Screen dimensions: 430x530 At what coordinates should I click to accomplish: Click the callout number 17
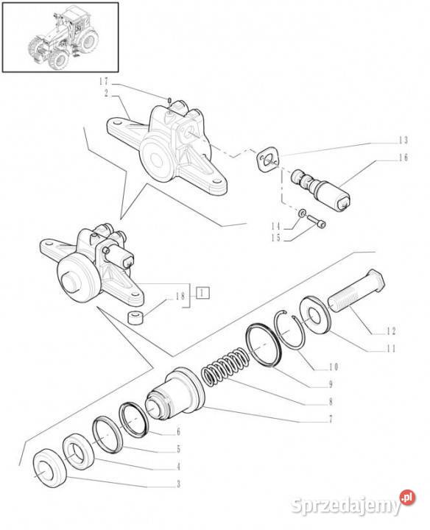tap(103, 82)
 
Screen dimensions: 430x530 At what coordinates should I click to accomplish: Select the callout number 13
tap(403, 140)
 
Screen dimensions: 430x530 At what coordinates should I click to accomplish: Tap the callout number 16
tap(403, 158)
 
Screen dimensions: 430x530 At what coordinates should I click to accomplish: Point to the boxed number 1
tap(202, 293)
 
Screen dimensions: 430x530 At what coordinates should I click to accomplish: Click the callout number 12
tap(391, 331)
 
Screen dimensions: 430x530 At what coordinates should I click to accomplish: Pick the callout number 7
tap(331, 420)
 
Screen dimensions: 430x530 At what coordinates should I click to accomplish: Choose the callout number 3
tap(178, 484)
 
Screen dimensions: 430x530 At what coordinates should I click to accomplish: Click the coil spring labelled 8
tap(225, 367)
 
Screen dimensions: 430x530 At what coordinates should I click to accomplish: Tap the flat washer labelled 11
tap(314, 315)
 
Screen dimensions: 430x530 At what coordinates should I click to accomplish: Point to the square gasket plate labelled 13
tap(269, 160)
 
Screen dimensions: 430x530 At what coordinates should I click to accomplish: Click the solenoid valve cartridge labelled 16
tap(321, 190)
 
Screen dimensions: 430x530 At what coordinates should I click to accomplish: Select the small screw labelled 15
tap(317, 221)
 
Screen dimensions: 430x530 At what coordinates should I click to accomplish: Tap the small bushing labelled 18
tap(136, 318)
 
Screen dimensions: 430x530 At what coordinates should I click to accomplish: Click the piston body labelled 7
tap(175, 393)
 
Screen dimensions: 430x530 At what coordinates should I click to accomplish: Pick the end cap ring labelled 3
tap(50, 468)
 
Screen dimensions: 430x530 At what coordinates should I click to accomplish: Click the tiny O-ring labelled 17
tap(169, 100)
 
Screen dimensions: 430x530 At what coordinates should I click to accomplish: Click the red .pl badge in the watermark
tap(407, 498)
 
